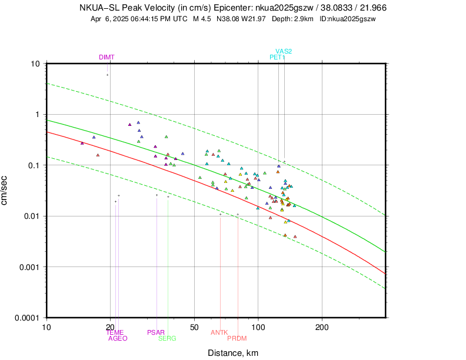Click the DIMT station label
106,57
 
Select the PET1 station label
278,57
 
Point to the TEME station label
115,332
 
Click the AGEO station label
118,338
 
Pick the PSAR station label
156,332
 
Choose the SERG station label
167,338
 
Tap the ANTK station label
219,332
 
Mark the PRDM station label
237,338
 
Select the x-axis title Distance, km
232,353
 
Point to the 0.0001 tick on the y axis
29,318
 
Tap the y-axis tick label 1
38,114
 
